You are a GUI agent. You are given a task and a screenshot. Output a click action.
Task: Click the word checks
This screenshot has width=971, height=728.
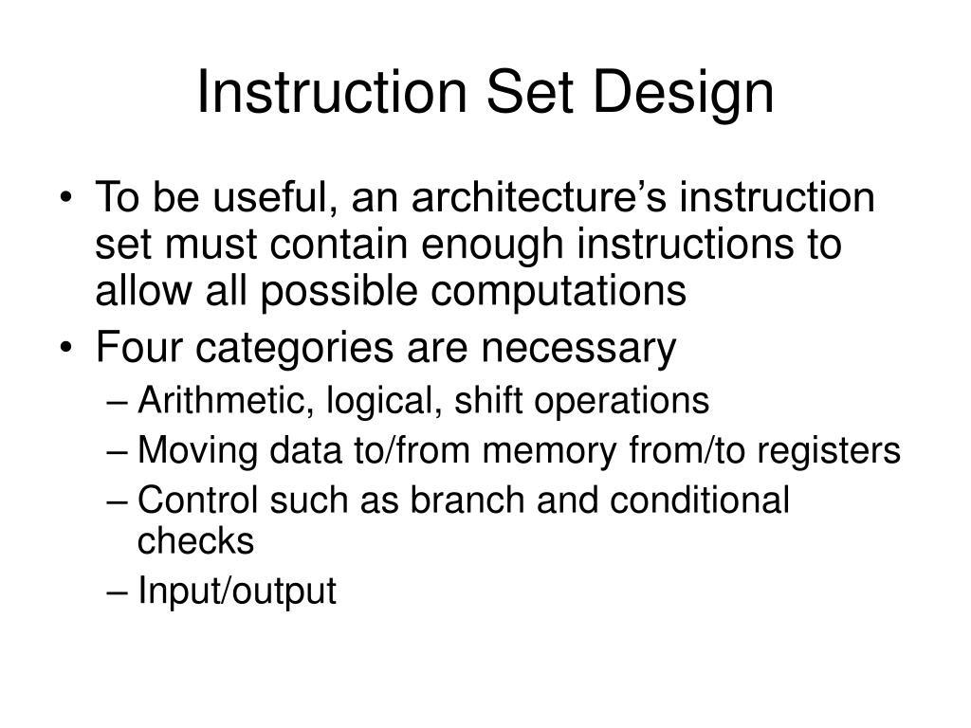pos(196,541)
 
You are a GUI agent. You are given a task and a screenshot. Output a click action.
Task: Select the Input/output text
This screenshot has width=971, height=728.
pos(237,591)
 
